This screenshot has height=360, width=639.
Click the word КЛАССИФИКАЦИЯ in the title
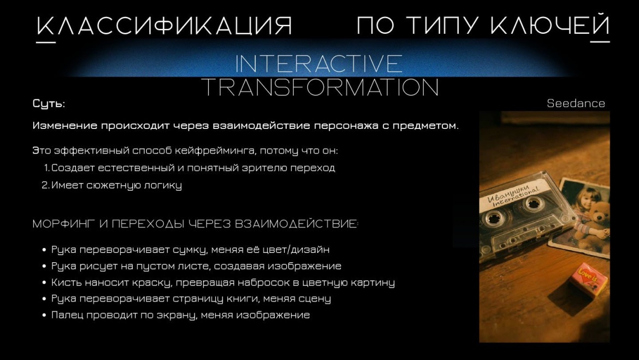[164, 26]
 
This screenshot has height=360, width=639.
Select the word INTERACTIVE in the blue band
[319, 63]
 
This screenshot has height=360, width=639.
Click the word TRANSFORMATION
[320, 87]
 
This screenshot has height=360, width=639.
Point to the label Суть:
[49, 104]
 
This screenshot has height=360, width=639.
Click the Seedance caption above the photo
[576, 104]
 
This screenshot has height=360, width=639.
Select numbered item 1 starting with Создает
[190, 168]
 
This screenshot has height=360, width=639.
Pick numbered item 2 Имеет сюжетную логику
[112, 186]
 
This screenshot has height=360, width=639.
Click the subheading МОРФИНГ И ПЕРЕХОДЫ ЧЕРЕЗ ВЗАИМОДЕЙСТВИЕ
[196, 224]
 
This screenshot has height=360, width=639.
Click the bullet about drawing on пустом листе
[196, 266]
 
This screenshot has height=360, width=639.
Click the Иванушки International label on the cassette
[513, 194]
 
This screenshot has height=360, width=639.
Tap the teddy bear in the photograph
[596, 221]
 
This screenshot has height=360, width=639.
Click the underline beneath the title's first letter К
[46, 42]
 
